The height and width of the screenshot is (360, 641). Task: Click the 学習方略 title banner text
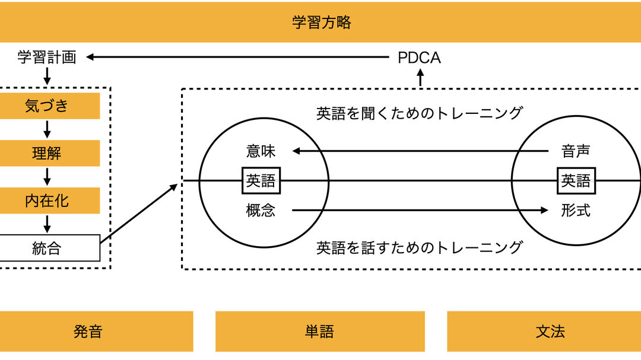click(x=321, y=23)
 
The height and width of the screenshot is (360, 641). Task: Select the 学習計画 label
click(x=47, y=58)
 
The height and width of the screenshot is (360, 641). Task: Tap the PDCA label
click(x=419, y=58)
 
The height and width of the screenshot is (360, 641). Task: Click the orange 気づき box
click(x=47, y=106)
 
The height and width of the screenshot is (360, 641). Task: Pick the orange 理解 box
click(x=47, y=154)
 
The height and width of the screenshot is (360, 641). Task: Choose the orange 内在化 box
click(x=47, y=201)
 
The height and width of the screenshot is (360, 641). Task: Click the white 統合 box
click(x=47, y=248)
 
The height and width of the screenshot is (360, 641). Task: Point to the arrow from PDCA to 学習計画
click(x=237, y=58)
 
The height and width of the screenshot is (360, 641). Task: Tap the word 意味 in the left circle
click(x=261, y=151)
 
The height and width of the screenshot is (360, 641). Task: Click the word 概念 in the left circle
click(x=261, y=210)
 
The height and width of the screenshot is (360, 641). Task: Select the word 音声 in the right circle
click(x=575, y=151)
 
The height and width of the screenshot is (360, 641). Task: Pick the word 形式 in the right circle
click(x=575, y=210)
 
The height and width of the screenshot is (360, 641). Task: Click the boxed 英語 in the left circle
click(x=261, y=180)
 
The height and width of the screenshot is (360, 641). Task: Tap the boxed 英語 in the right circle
click(x=576, y=180)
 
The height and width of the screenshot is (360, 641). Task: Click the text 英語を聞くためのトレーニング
click(x=419, y=113)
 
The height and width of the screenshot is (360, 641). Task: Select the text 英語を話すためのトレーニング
click(x=419, y=247)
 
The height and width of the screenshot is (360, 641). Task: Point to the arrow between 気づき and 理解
click(x=47, y=130)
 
